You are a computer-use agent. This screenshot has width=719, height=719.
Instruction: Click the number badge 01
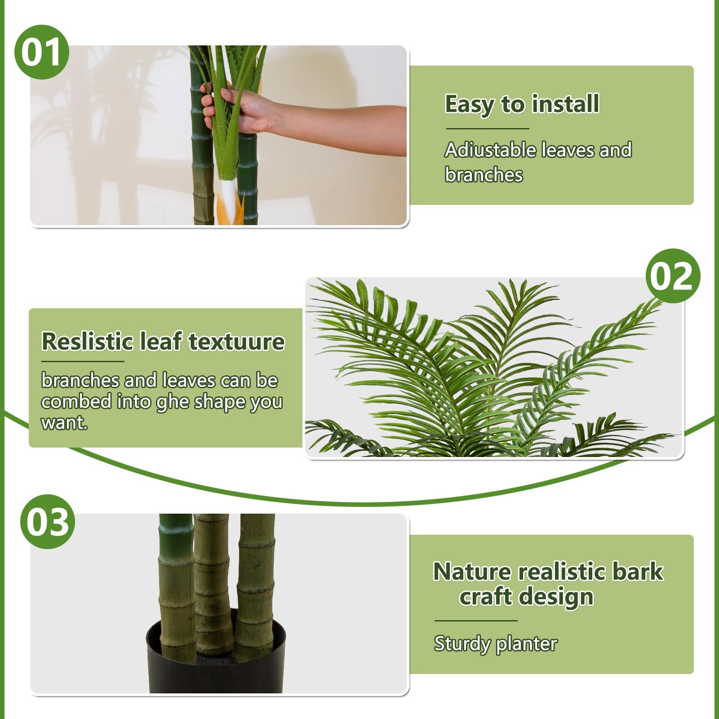tap(42, 52)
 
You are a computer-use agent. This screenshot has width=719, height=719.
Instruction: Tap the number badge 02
tap(673, 276)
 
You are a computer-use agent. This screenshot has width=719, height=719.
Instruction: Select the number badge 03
tap(48, 522)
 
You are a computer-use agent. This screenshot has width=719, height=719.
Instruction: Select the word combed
tap(76, 401)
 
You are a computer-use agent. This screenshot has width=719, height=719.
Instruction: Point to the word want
tap(64, 422)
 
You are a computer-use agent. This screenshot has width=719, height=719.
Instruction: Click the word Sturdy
tap(462, 644)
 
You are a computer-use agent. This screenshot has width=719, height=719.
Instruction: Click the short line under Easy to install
tap(488, 129)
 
